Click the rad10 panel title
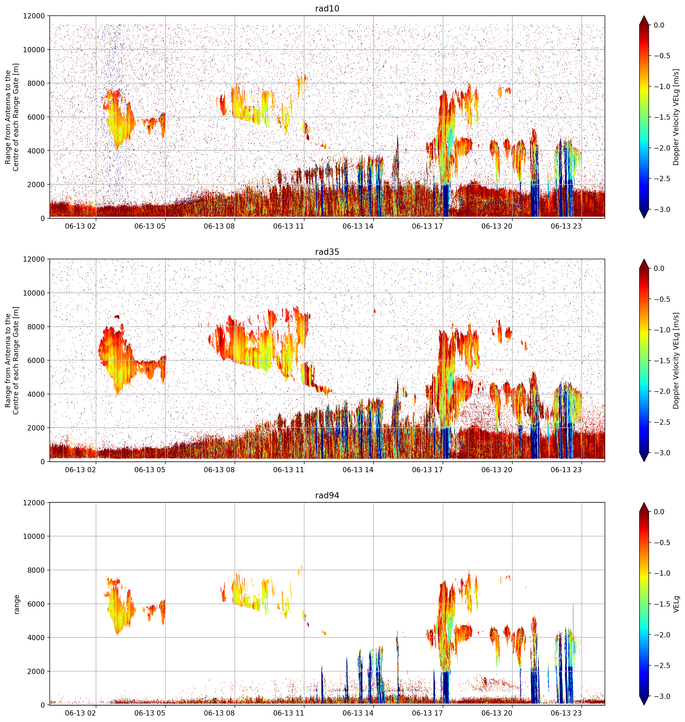327,8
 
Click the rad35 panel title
327,252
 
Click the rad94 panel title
327,495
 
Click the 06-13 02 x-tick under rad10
80,226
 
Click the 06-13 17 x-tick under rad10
427,226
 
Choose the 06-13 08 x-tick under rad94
219,713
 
